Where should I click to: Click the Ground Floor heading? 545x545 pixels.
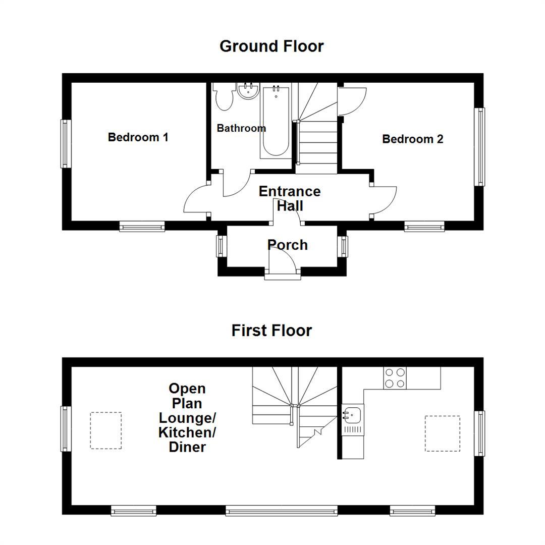pos(271,46)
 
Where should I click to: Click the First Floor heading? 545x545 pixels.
pos(271,331)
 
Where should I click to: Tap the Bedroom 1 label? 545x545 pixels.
pos(138,137)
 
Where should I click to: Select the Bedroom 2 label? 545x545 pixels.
pos(412,139)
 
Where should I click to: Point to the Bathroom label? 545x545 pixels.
pos(241,128)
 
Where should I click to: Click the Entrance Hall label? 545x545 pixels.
pos(290,198)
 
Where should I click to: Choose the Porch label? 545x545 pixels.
pos(288,245)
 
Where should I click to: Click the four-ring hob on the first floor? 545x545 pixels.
pos(395,378)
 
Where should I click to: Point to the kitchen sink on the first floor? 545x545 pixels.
pos(353,415)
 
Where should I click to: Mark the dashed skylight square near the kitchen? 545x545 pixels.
pos(442,433)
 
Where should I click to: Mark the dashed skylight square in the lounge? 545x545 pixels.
pos(106,430)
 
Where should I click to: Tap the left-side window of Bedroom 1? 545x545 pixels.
pos(65,143)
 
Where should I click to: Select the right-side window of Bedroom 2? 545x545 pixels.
pos(481,147)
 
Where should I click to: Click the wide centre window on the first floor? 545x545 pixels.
pos(282,511)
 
